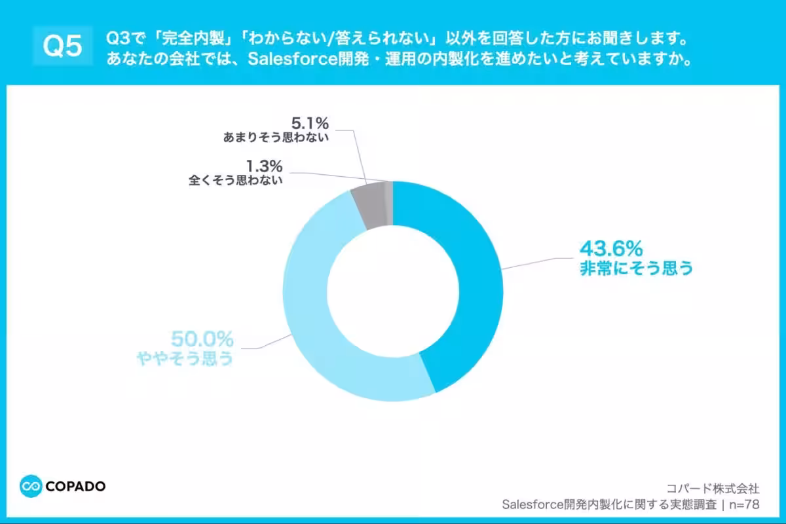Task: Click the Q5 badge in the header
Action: click(62, 46)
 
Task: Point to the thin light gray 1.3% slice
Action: click(389, 204)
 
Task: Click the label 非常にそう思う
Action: click(636, 269)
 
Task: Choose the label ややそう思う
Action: click(185, 358)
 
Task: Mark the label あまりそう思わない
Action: click(275, 138)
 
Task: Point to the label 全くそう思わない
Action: click(236, 180)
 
